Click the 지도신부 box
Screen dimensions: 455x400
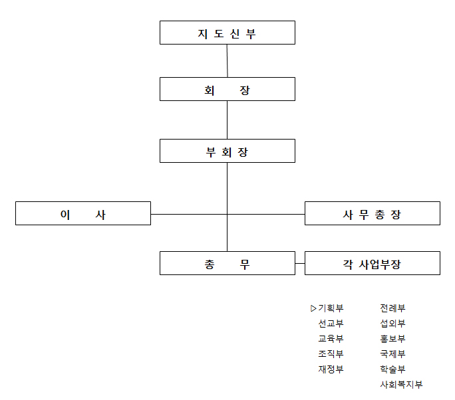pyautogui.click(x=227, y=33)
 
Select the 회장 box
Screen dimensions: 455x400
pyautogui.click(x=227, y=89)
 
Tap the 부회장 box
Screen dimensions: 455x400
pyautogui.click(x=227, y=151)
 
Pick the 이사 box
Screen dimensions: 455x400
pyautogui.click(x=83, y=213)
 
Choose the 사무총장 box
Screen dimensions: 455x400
pyautogui.click(x=373, y=213)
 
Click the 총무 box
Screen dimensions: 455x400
pyautogui.click(x=227, y=263)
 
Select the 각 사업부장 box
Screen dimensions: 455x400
pyautogui.click(x=373, y=263)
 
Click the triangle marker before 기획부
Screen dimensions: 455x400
pyautogui.click(x=313, y=308)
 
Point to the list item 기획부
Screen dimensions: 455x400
pyautogui.click(x=331, y=308)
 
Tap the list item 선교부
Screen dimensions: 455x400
pyautogui.click(x=331, y=324)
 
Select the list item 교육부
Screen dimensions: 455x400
pyautogui.click(x=331, y=339)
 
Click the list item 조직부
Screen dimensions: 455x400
pyautogui.click(x=331, y=354)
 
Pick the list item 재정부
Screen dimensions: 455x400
pyautogui.click(x=331, y=369)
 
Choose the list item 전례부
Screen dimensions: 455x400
pyautogui.click(x=392, y=308)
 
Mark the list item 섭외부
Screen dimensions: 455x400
pyautogui.click(x=392, y=324)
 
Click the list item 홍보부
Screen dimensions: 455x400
pyautogui.click(x=392, y=339)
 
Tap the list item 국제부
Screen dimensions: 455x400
pyautogui.click(x=392, y=354)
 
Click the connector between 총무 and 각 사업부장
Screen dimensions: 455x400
pyautogui.click(x=300, y=264)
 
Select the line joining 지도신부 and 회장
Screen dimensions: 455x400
pyautogui.click(x=227, y=61)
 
